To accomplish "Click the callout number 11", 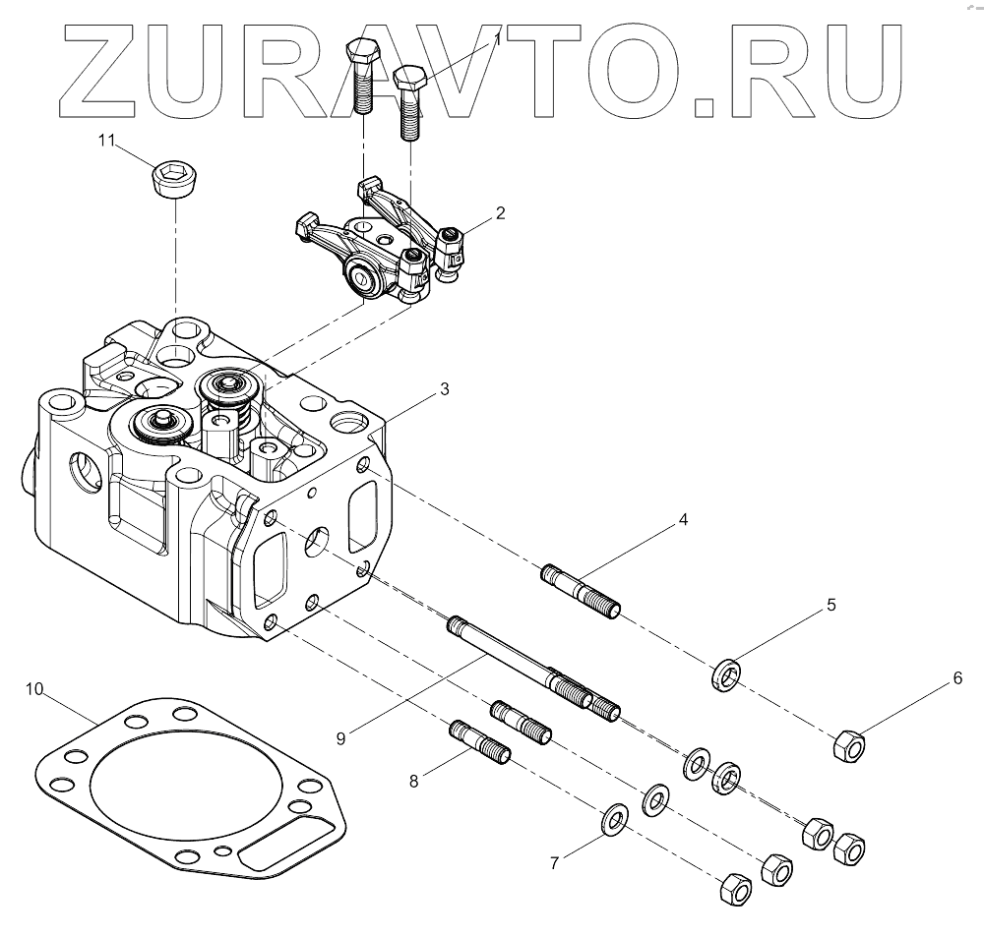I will pos(106,141).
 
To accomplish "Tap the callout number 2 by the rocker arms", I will pos(501,212).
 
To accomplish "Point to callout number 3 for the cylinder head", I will pos(445,388).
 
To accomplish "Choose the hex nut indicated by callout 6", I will pos(849,747).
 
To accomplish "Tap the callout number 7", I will pos(554,863).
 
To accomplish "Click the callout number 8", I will pos(414,782).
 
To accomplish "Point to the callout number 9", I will pos(340,737).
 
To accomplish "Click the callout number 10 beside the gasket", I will pos(34,689).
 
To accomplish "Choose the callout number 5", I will pos(831,605).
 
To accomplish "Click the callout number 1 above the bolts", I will pos(498,39).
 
